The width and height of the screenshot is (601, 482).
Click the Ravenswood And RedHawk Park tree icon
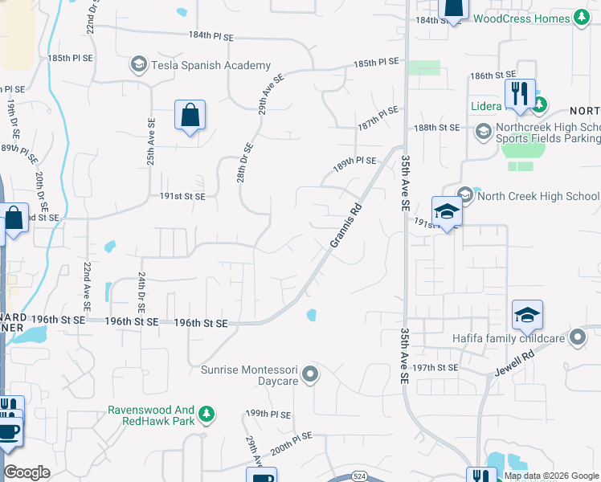click(x=207, y=414)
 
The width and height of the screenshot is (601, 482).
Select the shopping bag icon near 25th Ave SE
click(x=190, y=116)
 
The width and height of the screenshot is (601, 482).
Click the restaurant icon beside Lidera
click(x=520, y=94)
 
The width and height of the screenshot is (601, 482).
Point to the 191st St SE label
click(x=182, y=196)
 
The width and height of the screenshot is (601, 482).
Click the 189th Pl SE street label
click(x=355, y=161)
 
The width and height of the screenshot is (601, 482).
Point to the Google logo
click(x=27, y=472)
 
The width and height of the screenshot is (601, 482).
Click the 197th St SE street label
click(x=435, y=367)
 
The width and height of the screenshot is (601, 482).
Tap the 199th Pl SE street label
click(x=268, y=414)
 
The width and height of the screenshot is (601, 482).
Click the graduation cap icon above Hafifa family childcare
click(x=526, y=315)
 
